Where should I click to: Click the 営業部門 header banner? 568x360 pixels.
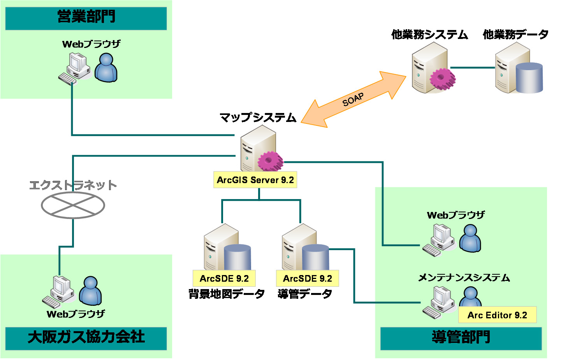(x=86, y=18)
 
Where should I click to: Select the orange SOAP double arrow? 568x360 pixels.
(x=353, y=99)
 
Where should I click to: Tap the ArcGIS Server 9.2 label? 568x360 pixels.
(x=255, y=180)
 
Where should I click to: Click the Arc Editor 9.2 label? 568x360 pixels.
(x=497, y=315)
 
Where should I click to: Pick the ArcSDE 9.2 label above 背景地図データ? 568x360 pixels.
(x=224, y=279)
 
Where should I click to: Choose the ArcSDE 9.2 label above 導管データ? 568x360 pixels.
(x=307, y=279)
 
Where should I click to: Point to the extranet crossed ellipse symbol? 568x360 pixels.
(x=73, y=205)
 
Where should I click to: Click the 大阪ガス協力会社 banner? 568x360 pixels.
(x=86, y=337)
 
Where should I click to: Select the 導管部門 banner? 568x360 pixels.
(x=461, y=338)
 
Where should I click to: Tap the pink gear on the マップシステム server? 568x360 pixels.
(x=270, y=161)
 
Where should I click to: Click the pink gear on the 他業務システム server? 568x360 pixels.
(x=442, y=78)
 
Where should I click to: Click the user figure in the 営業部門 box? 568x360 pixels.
(x=106, y=68)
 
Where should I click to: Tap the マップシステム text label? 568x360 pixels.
(x=258, y=117)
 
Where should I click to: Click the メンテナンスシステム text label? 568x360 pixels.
(x=464, y=278)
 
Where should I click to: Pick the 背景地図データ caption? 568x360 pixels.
(x=227, y=294)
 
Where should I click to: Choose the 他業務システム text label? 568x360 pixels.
(x=429, y=35)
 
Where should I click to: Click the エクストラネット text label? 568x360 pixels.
(x=73, y=185)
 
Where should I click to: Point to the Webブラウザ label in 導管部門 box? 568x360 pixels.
(x=456, y=215)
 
